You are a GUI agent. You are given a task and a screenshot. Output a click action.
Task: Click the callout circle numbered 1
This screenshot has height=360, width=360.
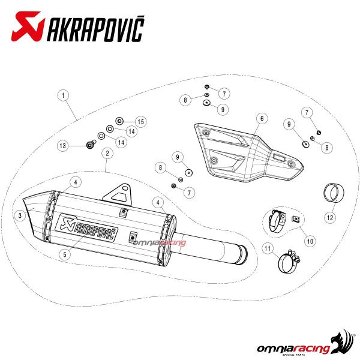(x=63, y=95)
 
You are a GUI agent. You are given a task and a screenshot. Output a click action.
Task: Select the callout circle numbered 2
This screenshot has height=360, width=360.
(x=107, y=153)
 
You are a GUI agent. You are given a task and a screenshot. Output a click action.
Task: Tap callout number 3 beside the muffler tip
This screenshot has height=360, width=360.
(x=20, y=215)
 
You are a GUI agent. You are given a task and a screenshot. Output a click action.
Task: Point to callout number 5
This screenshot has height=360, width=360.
(x=65, y=254)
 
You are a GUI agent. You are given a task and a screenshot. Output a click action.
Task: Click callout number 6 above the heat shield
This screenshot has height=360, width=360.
(x=262, y=118)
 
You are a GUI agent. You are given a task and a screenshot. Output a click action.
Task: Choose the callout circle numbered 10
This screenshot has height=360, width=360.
(x=310, y=241)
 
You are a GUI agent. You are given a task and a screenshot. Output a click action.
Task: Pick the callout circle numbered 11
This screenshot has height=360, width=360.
(x=268, y=248)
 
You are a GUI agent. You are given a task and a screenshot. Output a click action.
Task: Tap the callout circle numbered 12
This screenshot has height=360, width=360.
(x=330, y=217)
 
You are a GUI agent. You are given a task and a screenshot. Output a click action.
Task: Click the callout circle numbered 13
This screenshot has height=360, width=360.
(x=62, y=146)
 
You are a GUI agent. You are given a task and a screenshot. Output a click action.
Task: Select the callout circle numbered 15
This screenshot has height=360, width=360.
(x=141, y=122)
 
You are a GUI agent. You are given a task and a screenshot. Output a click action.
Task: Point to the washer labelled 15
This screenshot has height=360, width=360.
(x=119, y=121)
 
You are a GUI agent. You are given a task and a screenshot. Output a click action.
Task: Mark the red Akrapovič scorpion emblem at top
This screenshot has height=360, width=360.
(x=28, y=26)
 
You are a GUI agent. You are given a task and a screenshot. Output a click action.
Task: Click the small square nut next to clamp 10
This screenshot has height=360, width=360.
(x=296, y=219)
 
